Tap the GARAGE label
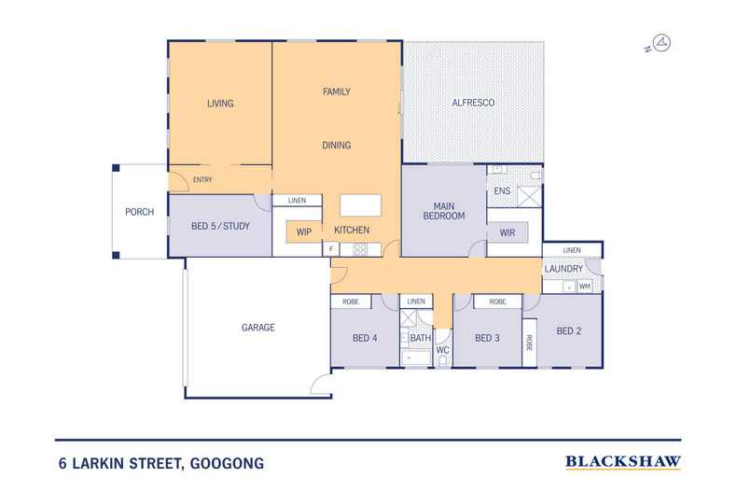point(258,328)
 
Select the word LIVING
point(219,104)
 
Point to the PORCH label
point(139,212)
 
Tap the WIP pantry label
point(303,231)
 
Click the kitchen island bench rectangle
point(360,205)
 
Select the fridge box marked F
point(331,249)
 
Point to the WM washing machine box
point(584,286)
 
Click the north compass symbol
point(661,43)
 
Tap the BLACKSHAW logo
point(623,461)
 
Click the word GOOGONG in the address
point(228,463)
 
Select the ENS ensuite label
point(502,191)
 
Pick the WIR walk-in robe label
point(508,231)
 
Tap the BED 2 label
point(569,330)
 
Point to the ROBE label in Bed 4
point(351,302)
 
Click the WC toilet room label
point(443,350)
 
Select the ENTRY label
point(202,179)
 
